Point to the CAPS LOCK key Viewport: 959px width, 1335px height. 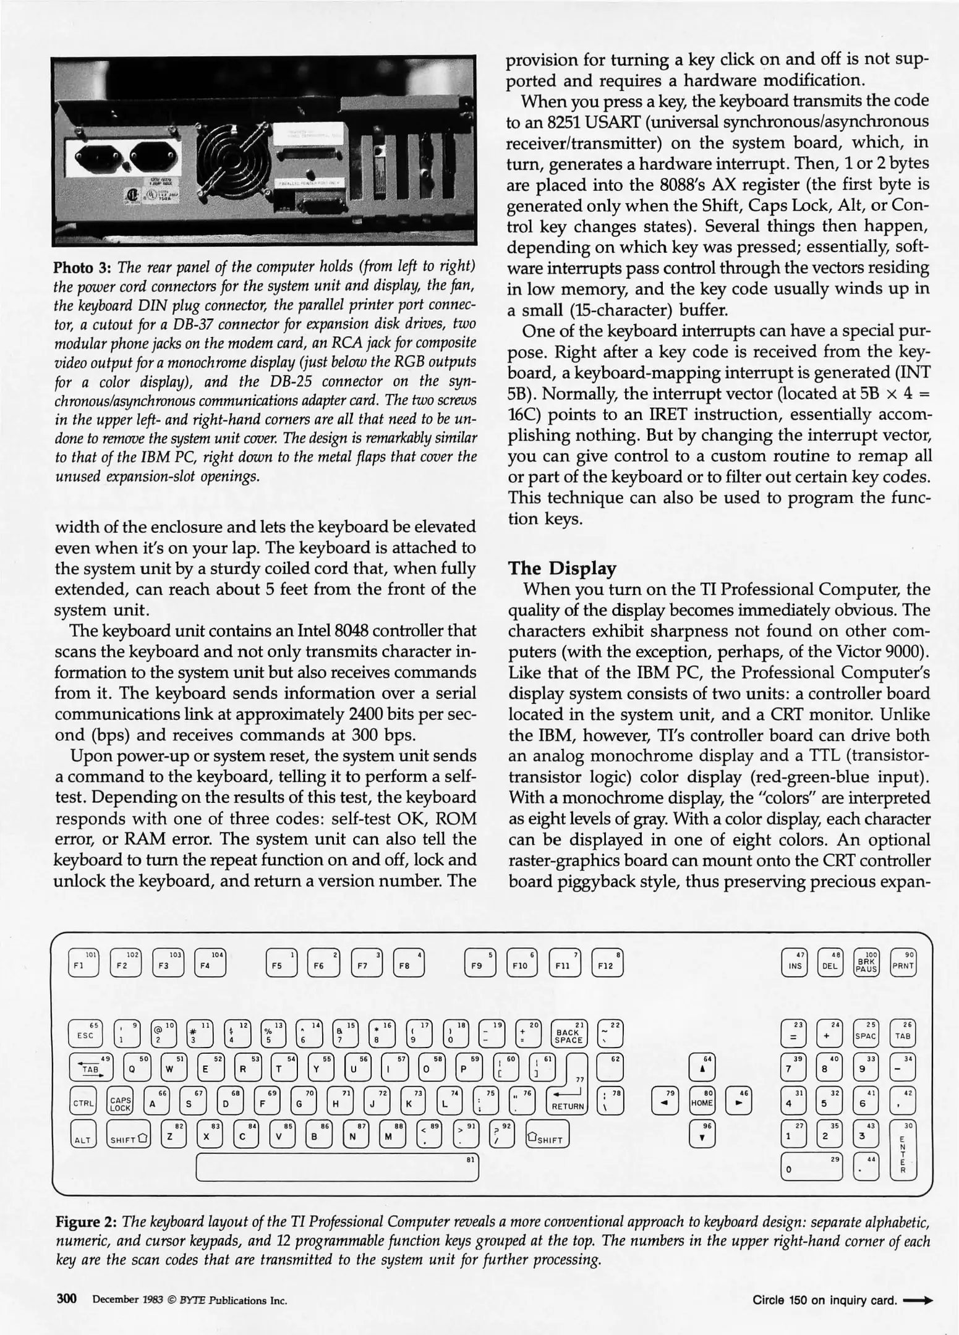click(x=120, y=1103)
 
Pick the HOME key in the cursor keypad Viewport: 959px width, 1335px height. click(x=702, y=1101)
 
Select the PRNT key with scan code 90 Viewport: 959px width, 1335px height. click(x=903, y=963)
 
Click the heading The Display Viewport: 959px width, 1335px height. click(x=561, y=568)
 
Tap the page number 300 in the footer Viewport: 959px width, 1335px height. click(x=66, y=1299)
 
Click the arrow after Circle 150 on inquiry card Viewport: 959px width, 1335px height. click(x=918, y=1300)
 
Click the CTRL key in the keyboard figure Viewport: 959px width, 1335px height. click(x=83, y=1103)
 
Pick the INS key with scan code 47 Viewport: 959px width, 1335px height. click(x=795, y=963)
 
